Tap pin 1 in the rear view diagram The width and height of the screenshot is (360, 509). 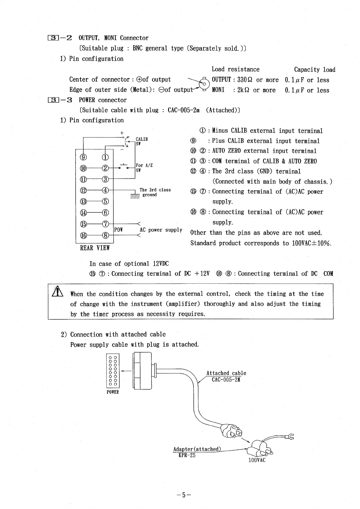click(x=105, y=157)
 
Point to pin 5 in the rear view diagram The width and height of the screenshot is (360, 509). click(x=105, y=201)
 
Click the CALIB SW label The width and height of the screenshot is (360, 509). click(x=141, y=141)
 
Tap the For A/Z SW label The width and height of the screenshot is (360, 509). click(x=144, y=168)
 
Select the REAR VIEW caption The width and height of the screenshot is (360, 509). click(x=95, y=248)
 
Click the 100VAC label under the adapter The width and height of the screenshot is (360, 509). click(x=257, y=460)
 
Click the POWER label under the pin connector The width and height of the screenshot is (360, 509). click(x=113, y=392)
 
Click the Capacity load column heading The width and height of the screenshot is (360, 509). click(x=314, y=70)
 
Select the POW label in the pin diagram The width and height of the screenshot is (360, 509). click(x=118, y=230)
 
